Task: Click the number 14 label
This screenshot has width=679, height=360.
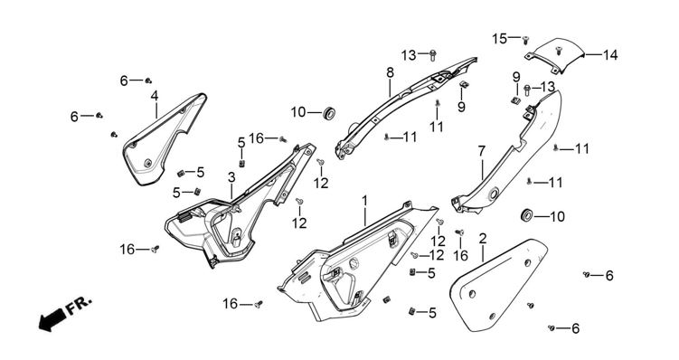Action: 609,55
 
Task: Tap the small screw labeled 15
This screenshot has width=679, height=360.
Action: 525,40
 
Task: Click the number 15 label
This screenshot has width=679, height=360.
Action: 499,39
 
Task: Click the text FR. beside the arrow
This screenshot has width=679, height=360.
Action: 79,305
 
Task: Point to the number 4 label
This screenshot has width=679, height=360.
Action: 155,96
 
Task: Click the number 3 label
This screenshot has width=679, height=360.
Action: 231,176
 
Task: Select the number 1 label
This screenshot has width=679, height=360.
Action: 365,201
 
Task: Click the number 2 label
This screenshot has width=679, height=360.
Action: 483,238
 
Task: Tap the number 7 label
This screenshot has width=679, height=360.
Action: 482,151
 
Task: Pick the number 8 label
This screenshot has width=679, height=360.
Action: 391,72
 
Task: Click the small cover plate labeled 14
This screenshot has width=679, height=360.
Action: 554,55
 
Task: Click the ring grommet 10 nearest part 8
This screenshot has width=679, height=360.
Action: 329,113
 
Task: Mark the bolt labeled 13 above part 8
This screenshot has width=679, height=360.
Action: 432,54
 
